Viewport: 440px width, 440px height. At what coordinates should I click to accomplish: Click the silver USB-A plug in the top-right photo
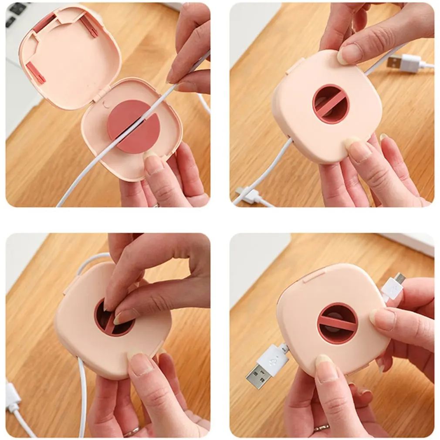pyautogui.click(x=394, y=62)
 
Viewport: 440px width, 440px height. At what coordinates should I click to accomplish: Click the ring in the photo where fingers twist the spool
pyautogui.click(x=131, y=432)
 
